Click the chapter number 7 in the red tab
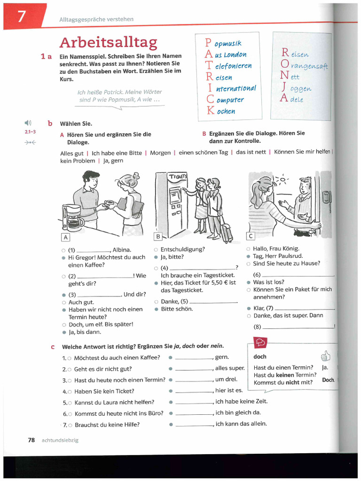point(22,17)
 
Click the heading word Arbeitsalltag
point(108,43)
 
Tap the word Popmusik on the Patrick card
point(228,44)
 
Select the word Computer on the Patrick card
point(230,100)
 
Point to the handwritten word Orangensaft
point(310,66)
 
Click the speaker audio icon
point(28,123)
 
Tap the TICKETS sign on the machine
point(178,176)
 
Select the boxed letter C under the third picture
point(251,236)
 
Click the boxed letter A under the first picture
point(65,237)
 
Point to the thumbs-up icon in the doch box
point(325,356)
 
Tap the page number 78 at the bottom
point(31,440)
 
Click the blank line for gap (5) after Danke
point(213,302)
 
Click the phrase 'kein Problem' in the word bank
point(78,161)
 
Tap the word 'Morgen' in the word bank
point(160,153)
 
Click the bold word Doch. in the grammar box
point(328,380)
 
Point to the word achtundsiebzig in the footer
point(60,440)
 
